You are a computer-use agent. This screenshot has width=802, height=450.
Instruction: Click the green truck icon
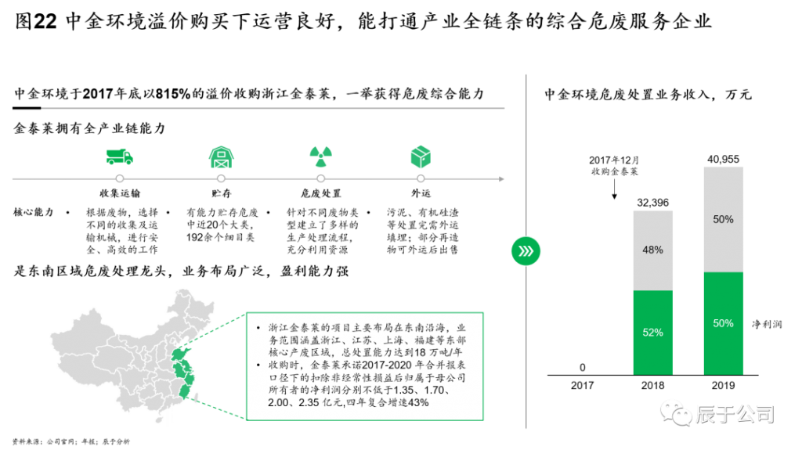pyautogui.click(x=119, y=157)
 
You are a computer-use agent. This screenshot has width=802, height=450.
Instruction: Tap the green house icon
pyautogui.click(x=221, y=157)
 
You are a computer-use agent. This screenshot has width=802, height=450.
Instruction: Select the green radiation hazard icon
pyautogui.click(x=320, y=157)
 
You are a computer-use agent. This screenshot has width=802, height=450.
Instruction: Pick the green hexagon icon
pyautogui.click(x=421, y=157)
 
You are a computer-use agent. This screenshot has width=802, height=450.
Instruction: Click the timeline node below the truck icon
pyautogui.click(x=119, y=179)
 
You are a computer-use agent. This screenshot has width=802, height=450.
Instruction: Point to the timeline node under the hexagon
pyautogui.click(x=421, y=179)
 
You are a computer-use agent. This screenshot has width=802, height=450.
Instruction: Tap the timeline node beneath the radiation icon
pyautogui.click(x=320, y=179)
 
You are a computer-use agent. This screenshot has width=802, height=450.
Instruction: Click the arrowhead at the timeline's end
pyautogui.click(x=501, y=179)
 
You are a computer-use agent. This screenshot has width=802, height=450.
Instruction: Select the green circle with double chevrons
pyautogui.click(x=526, y=251)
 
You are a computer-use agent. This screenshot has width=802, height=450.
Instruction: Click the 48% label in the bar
pyautogui.click(x=652, y=250)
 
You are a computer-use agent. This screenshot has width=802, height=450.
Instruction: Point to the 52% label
pyautogui.click(x=652, y=333)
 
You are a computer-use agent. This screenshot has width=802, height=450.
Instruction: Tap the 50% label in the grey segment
pyautogui.click(x=723, y=220)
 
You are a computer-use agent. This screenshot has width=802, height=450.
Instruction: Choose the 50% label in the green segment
pyautogui.click(x=723, y=323)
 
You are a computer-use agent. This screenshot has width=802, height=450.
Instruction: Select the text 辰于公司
pyautogui.click(x=735, y=413)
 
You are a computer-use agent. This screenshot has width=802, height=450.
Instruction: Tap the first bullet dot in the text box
pyautogui.click(x=258, y=327)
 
